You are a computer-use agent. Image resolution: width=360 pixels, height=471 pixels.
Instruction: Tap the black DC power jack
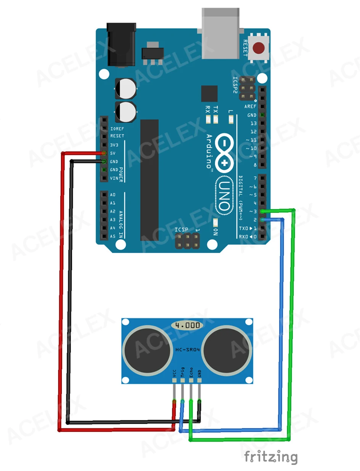pyautogui.click(x=121, y=45)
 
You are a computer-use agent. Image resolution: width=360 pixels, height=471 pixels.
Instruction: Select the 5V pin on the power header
pyautogui.click(x=104, y=153)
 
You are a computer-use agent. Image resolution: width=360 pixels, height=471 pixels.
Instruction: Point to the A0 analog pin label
pyautogui.click(x=112, y=195)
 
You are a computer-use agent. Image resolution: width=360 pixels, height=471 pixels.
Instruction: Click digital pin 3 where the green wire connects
pyautogui.click(x=262, y=211)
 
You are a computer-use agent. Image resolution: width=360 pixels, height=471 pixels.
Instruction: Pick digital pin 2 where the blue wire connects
pyautogui.click(x=262, y=219)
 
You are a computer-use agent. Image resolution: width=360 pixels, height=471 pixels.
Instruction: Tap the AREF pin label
pyautogui.click(x=250, y=107)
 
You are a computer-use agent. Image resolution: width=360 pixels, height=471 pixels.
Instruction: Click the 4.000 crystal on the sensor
pyautogui.click(x=187, y=325)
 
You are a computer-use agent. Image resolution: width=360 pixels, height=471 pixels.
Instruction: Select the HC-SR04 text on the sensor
pyautogui.click(x=187, y=350)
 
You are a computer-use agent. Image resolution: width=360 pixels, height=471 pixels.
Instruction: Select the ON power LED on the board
pyautogui.click(x=215, y=223)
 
